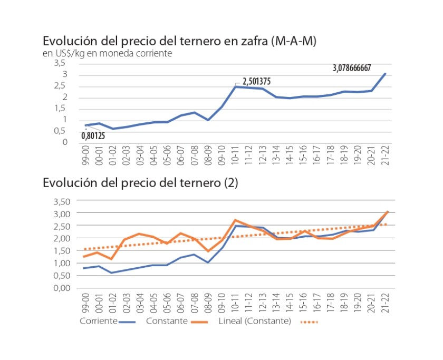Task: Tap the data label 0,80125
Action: point(93,136)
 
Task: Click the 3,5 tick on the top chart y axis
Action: point(62,63)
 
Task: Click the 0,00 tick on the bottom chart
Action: point(62,288)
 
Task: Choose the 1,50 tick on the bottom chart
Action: point(62,250)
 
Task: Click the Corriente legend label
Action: point(98,322)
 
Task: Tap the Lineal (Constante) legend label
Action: point(254,322)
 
